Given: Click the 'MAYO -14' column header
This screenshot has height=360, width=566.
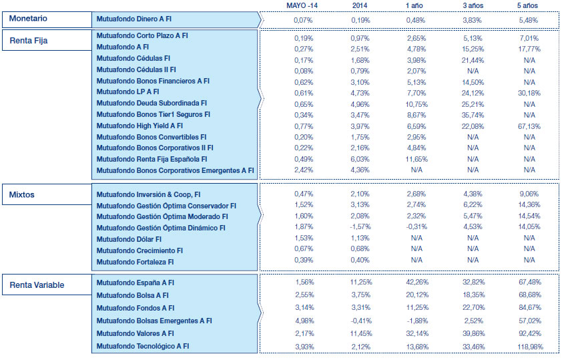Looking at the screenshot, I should [303, 5].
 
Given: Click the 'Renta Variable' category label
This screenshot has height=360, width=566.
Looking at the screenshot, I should [37, 286].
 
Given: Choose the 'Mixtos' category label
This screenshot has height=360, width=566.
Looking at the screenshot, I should [23, 195].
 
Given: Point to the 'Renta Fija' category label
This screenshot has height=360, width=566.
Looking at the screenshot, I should [29, 41].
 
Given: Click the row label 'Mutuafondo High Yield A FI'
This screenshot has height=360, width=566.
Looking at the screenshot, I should [139, 126].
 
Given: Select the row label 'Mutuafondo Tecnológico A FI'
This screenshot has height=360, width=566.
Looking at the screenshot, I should [142, 346].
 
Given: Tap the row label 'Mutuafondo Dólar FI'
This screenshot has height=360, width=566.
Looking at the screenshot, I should [129, 239].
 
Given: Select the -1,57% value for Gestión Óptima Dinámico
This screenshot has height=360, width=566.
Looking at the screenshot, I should [360, 228].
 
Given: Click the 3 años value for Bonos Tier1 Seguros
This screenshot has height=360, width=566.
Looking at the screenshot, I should [474, 115].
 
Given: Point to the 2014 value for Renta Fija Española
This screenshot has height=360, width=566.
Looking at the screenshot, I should [360, 159].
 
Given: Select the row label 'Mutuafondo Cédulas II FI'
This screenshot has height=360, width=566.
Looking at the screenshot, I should [136, 69].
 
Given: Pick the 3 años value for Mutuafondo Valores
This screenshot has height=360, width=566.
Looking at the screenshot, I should [474, 333].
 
